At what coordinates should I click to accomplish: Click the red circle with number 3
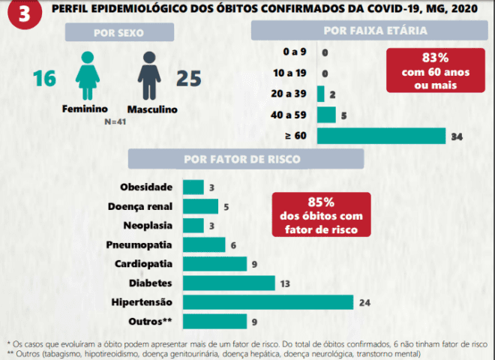tap(25, 14)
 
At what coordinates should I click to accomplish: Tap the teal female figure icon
tap(88, 76)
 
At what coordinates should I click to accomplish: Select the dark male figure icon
tap(149, 76)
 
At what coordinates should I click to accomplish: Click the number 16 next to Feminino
tap(44, 78)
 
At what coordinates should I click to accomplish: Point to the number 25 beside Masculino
tap(188, 78)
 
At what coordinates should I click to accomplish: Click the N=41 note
tap(115, 121)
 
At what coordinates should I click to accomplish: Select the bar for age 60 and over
tap(381, 136)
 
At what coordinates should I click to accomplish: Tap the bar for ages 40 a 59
tap(326, 115)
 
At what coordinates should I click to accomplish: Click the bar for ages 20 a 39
tap(321, 94)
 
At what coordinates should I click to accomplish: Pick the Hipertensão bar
tap(268, 302)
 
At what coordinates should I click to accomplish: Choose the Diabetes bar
tap(229, 283)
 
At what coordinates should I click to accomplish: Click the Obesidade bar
tap(193, 187)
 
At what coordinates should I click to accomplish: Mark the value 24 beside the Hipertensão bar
tap(364, 303)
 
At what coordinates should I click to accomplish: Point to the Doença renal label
tap(140, 206)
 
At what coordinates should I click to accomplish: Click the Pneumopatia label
tap(139, 244)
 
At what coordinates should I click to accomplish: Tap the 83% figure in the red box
tap(435, 58)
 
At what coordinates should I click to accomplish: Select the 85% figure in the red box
tap(321, 202)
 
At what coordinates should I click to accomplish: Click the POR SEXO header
tap(119, 32)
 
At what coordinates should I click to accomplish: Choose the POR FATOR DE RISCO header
tap(242, 159)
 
